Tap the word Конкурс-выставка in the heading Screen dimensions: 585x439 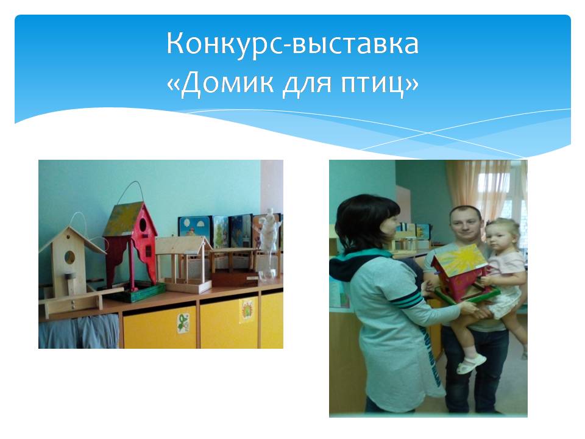(x=292, y=43)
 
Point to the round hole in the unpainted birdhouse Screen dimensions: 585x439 (x=69, y=257)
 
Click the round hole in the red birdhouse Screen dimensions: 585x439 (x=143, y=225)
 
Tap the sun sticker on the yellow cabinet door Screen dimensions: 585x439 (x=247, y=311)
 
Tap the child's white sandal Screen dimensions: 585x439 (x=471, y=363)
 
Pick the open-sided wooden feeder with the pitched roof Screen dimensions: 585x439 (x=183, y=264)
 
